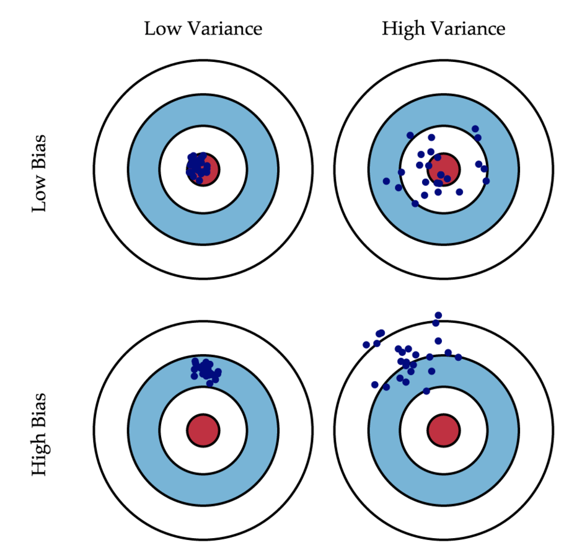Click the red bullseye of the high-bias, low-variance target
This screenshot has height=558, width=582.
[203, 430]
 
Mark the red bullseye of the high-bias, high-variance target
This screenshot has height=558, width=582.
[443, 430]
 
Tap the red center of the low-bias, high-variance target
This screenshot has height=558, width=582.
[443, 168]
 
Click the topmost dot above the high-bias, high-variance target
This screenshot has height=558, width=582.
[438, 316]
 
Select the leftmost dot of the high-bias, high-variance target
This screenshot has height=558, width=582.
[366, 345]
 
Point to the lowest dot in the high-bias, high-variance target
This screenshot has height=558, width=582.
[426, 391]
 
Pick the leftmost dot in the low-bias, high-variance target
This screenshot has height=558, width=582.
[386, 181]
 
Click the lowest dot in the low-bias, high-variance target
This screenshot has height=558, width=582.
[415, 203]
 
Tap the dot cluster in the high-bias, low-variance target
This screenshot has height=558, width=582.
[205, 370]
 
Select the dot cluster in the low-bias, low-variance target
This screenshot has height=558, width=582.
[198, 166]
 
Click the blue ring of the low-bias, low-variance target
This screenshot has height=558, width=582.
[144, 168]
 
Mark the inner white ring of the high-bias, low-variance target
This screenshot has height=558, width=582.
[173, 430]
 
